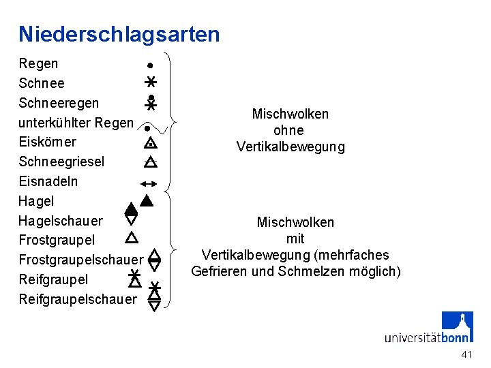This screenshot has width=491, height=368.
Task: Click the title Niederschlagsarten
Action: click(119, 34)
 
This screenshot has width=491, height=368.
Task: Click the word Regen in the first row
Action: click(38, 63)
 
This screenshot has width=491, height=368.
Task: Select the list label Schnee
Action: click(42, 83)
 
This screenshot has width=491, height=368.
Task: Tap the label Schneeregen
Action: click(59, 103)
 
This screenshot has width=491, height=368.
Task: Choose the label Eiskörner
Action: click(47, 142)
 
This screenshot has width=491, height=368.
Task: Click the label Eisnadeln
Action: click(48, 181)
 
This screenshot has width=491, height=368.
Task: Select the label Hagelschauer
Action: click(61, 221)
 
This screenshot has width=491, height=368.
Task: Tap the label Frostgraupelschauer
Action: click(80, 260)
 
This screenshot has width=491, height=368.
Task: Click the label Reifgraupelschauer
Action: click(77, 299)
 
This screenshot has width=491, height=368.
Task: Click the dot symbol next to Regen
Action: click(148, 65)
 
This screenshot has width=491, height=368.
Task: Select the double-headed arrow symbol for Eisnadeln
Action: click(148, 183)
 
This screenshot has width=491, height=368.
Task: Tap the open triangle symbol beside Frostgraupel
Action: click(132, 237)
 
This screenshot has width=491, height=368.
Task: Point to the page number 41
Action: click(466, 354)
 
